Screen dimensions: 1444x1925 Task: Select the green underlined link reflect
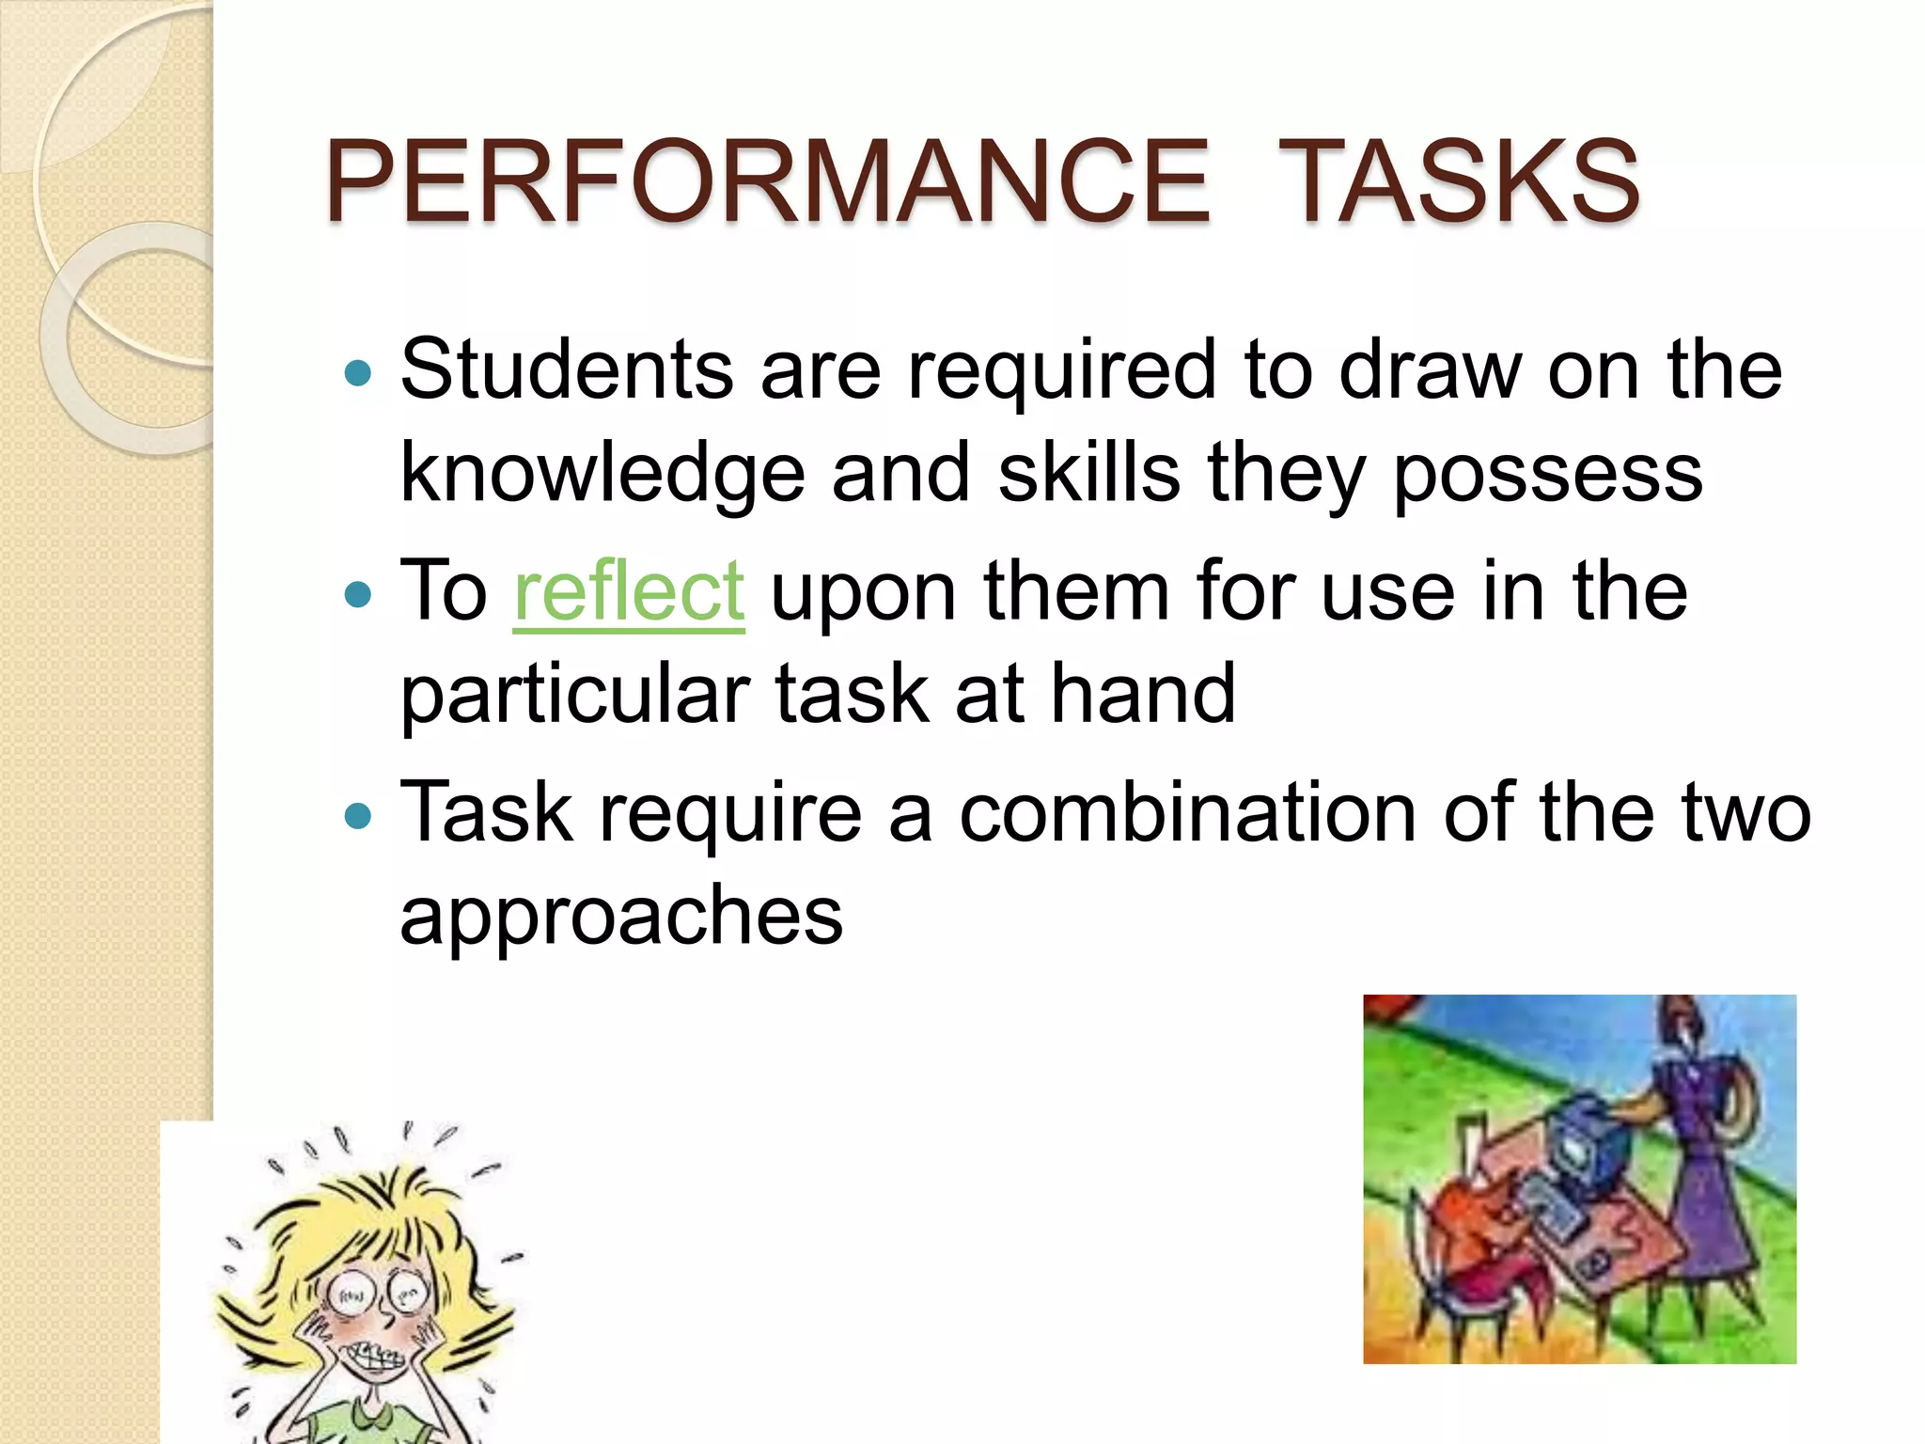coord(629,591)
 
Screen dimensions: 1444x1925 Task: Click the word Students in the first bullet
coord(567,369)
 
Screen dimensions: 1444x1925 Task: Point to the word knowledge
coord(603,474)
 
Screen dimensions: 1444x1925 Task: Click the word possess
coord(1547,474)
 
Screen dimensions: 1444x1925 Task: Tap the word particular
coord(574,695)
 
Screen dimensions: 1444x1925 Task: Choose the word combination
coord(1187,812)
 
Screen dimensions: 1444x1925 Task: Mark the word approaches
coord(621,916)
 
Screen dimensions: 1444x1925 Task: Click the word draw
coord(1429,369)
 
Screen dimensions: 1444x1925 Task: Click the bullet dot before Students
coord(358,373)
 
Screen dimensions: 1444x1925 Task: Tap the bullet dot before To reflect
coord(358,594)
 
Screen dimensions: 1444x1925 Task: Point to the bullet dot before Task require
coord(358,815)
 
